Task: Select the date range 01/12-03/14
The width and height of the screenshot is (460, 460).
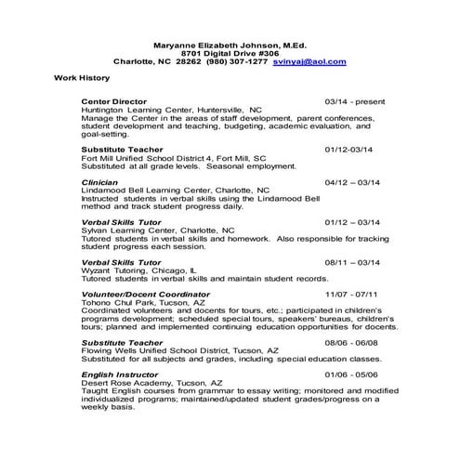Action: pos(348,149)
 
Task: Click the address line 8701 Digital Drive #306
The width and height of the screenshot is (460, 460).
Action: pos(230,52)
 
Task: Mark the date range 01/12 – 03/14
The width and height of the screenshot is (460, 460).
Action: pos(352,222)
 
